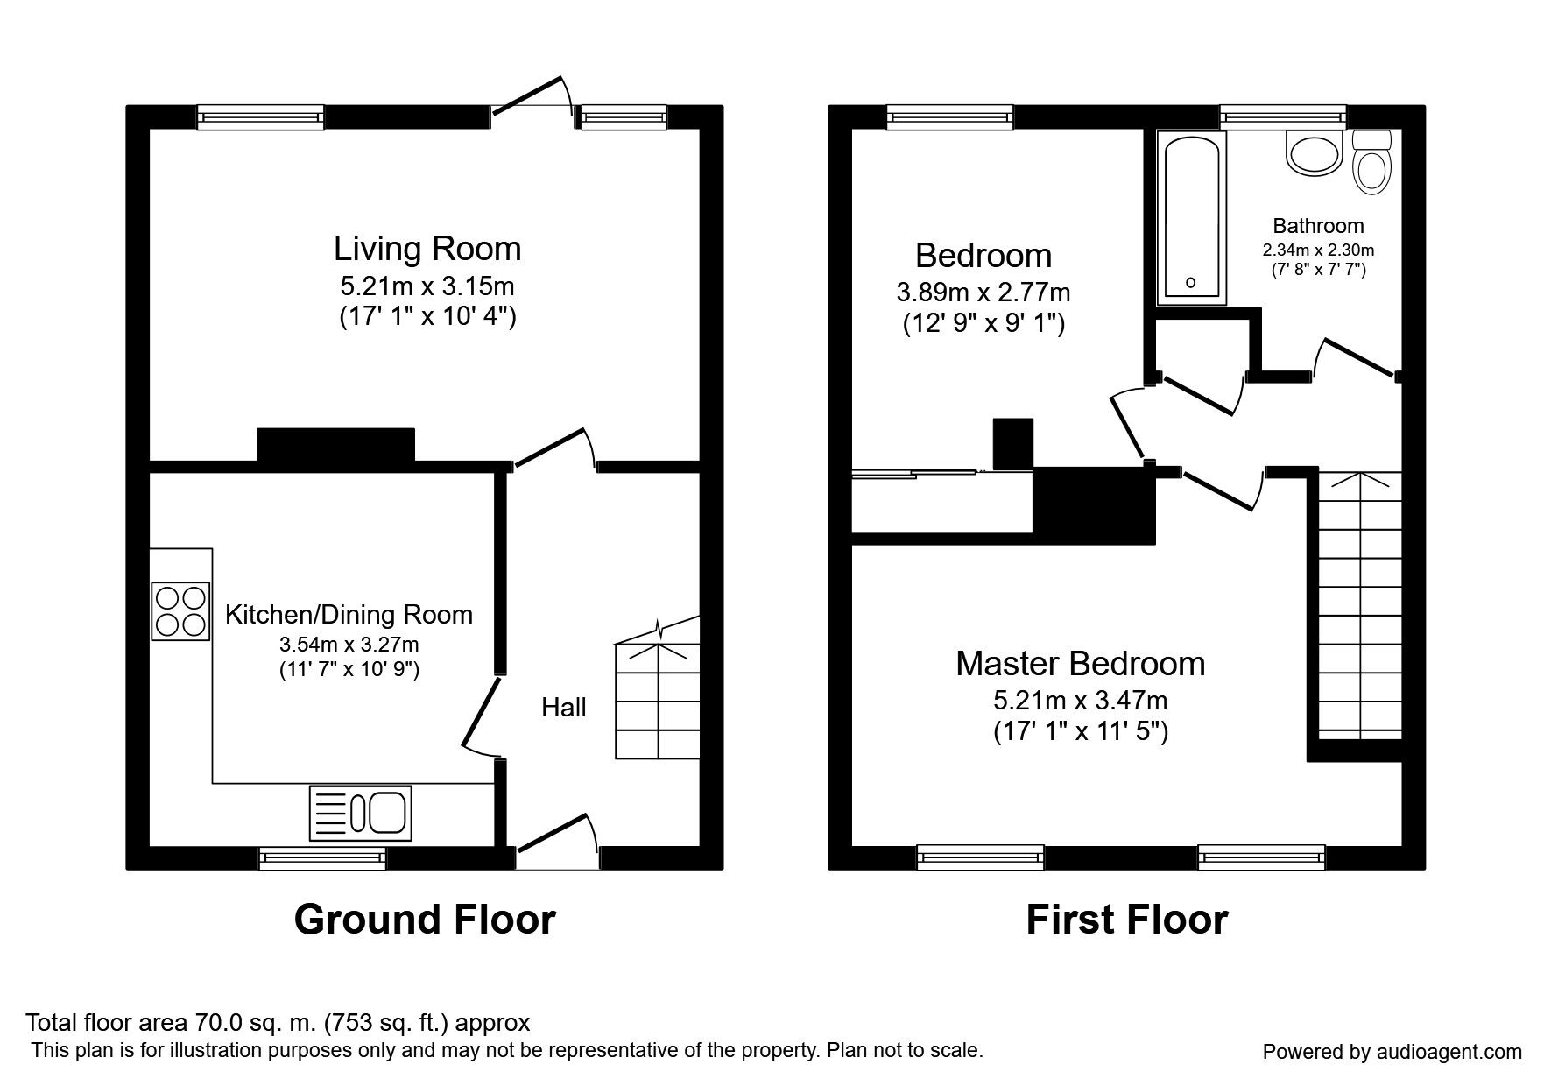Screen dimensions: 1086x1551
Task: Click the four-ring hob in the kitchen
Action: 180,610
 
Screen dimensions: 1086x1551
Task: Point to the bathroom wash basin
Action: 1314,154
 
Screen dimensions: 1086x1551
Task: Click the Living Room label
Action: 427,249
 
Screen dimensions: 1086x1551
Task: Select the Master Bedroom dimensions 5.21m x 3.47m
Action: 1080,701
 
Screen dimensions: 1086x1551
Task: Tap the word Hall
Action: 564,708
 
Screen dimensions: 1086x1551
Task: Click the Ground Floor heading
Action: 425,920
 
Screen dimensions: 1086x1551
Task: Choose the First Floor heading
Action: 1126,920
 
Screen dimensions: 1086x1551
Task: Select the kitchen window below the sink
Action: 323,858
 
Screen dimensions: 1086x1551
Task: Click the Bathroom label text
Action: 1318,226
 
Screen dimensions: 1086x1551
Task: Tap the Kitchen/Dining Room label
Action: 349,615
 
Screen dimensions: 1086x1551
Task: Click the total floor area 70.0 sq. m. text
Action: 278,1022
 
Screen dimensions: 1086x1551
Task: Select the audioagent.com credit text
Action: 1392,1052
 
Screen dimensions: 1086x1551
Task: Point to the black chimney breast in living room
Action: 335,444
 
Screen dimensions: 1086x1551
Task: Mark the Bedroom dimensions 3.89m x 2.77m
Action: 983,292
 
